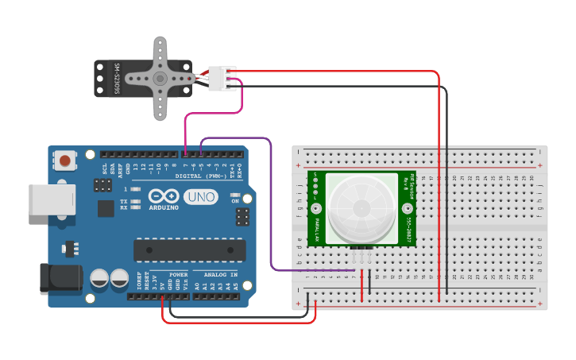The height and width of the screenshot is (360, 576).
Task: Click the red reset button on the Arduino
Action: click(64, 161)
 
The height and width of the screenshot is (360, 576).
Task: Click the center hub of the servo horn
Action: click(160, 78)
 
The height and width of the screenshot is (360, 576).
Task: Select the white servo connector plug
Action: click(222, 78)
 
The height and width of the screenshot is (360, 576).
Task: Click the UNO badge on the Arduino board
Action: click(200, 196)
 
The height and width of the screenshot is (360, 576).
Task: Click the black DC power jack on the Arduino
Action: click(60, 276)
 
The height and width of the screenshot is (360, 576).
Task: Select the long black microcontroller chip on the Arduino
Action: click(188, 250)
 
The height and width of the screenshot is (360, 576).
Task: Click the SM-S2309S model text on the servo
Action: click(116, 79)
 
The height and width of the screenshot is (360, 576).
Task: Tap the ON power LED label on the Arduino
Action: click(235, 201)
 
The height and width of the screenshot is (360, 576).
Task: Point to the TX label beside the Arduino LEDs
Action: click(124, 201)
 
